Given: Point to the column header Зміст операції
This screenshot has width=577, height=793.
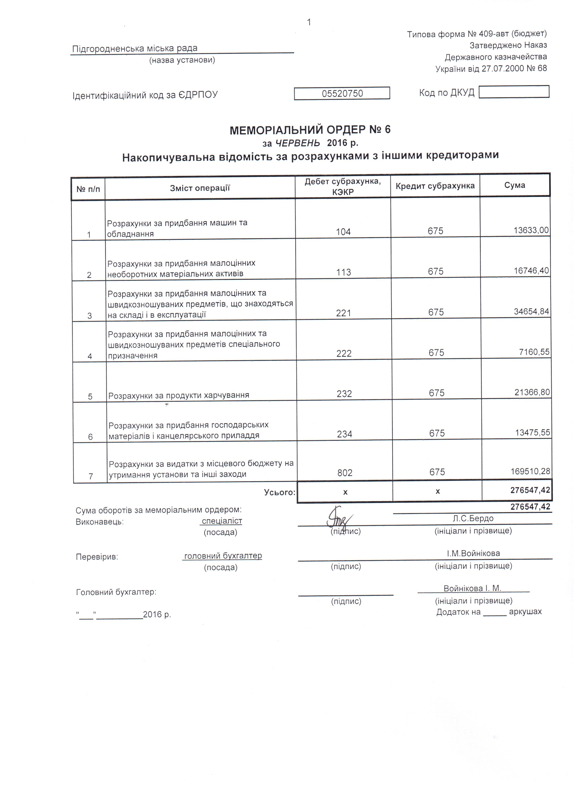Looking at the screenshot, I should click(x=200, y=188).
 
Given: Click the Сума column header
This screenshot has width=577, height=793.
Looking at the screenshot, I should click(x=514, y=185).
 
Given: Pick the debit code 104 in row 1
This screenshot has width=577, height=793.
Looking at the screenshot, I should click(x=343, y=232).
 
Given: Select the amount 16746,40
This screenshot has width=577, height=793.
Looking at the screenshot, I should click(x=531, y=271).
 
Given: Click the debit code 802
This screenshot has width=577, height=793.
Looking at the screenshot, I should click(x=345, y=473).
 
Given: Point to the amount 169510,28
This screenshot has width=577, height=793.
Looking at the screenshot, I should click(x=530, y=471).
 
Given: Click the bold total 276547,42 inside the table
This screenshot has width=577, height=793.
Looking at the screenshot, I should click(x=530, y=490).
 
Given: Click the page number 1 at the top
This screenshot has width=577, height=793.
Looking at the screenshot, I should click(x=309, y=22).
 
